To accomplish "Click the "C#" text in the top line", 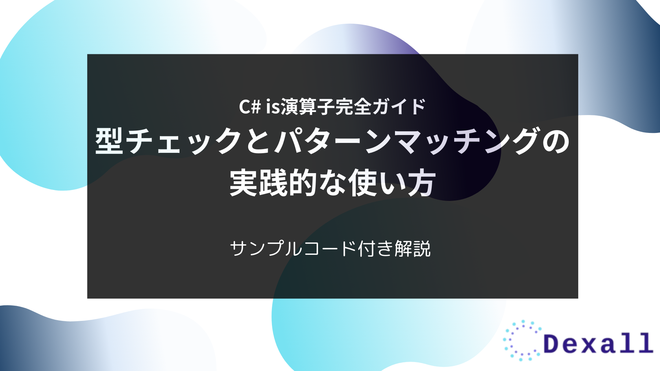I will click(250, 106).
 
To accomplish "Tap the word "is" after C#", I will click(273, 106).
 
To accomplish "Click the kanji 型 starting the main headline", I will click(109, 141).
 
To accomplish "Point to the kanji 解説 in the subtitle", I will click(412, 248).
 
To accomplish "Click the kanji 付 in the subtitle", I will click(367, 248).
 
